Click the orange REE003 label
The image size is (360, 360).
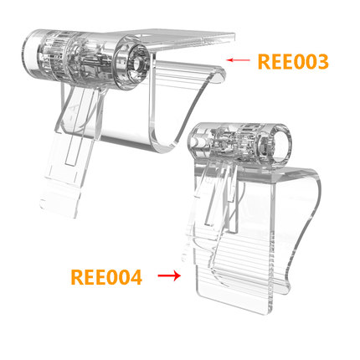click(293, 62)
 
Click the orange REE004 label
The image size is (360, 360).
click(106, 277)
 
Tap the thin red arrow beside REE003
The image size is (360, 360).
click(238, 59)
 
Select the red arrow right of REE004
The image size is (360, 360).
click(169, 275)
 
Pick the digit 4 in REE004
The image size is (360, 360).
click(136, 277)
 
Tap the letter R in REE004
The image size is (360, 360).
click(77, 277)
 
